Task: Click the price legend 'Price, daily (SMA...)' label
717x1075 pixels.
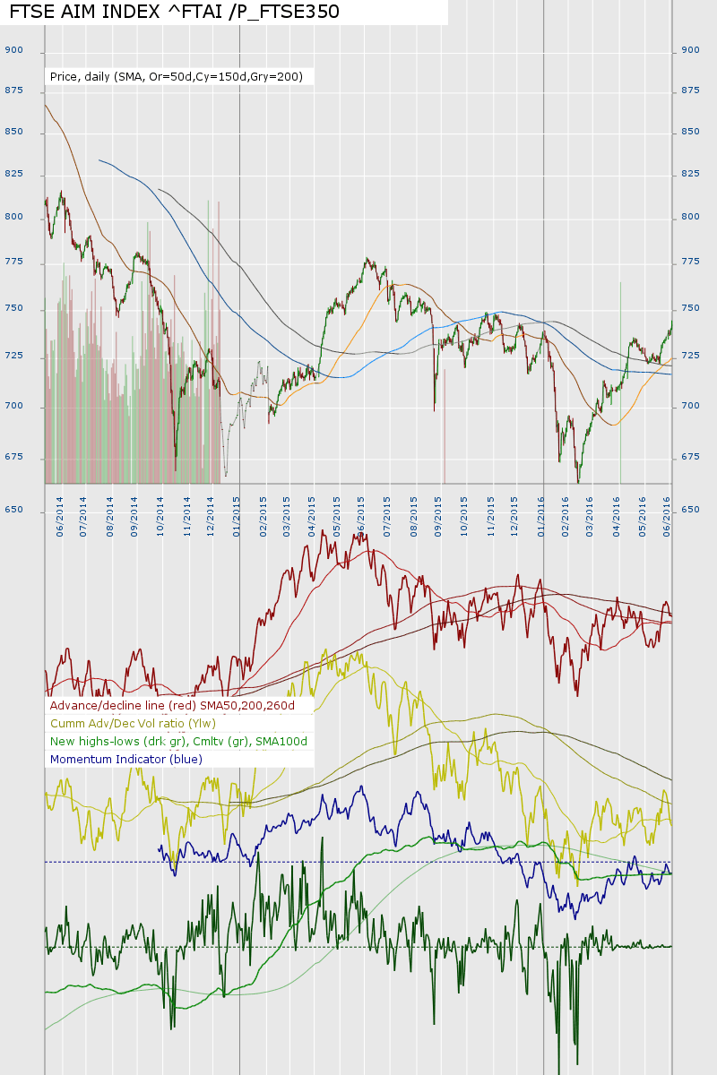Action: (177, 77)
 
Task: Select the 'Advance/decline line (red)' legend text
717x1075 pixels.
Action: (178, 705)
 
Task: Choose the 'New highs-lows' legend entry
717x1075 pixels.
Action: (178, 741)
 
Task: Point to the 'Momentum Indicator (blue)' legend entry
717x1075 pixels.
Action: (126, 759)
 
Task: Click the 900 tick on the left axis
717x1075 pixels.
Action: (13, 50)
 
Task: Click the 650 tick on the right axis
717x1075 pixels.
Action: (690, 510)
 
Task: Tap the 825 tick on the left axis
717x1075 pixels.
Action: (13, 174)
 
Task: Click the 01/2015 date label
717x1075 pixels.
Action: (237, 516)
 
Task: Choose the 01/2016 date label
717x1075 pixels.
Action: (541, 516)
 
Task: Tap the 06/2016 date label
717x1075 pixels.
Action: (668, 516)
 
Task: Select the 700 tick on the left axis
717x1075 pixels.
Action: (13, 406)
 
